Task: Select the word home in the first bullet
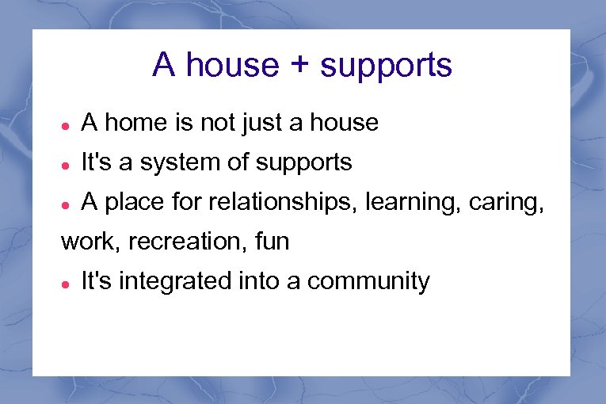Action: coord(128,123)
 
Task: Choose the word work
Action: coord(87,242)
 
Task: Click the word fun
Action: coord(272,242)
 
